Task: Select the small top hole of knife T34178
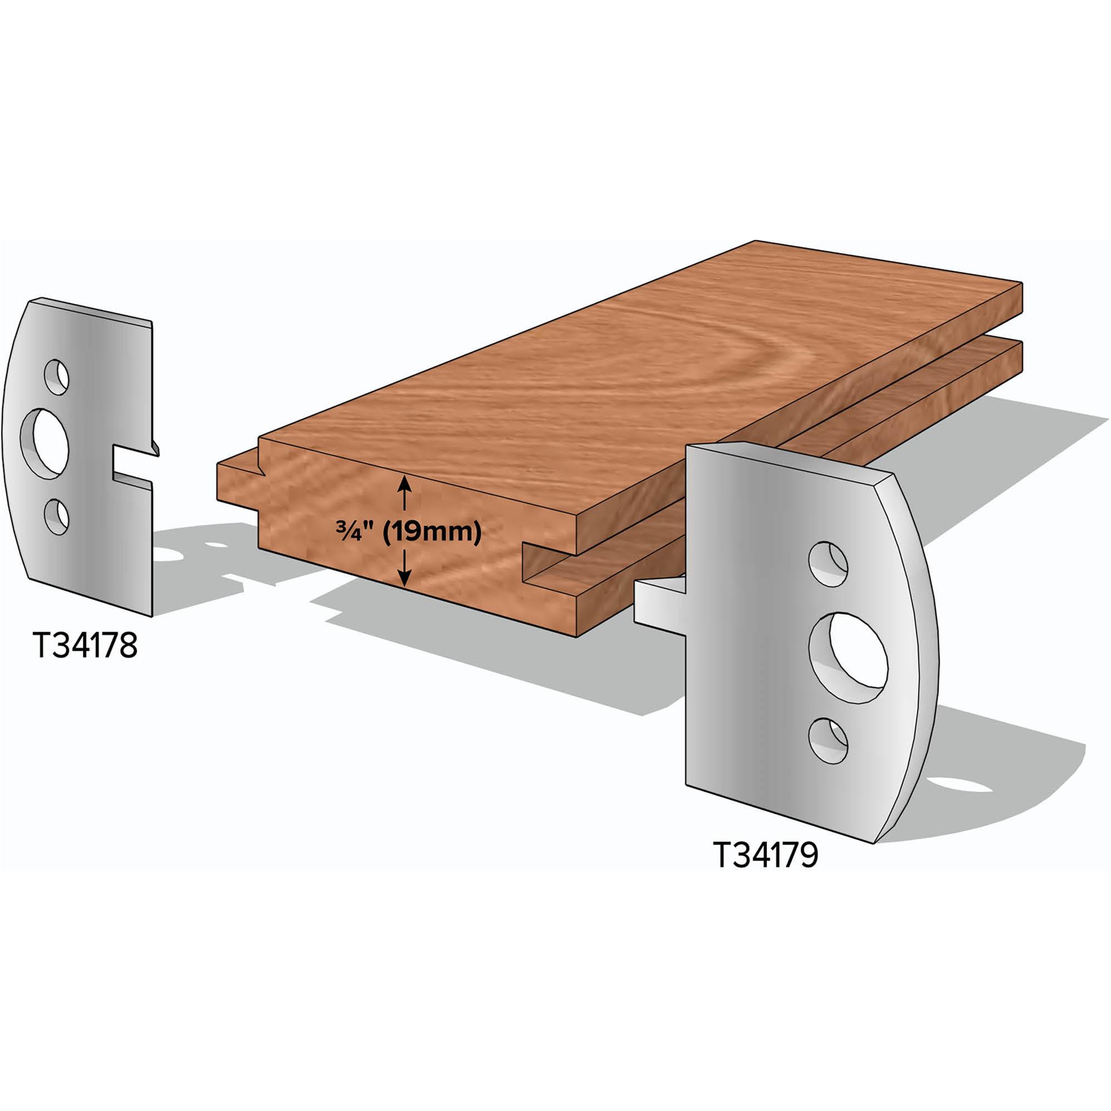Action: pos(56,377)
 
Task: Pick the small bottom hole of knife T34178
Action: pos(56,517)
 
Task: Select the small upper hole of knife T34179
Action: pos(828,563)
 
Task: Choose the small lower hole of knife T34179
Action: pos(828,740)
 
